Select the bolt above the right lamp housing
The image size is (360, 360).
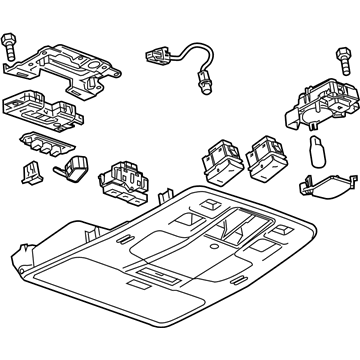tap(335, 52)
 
